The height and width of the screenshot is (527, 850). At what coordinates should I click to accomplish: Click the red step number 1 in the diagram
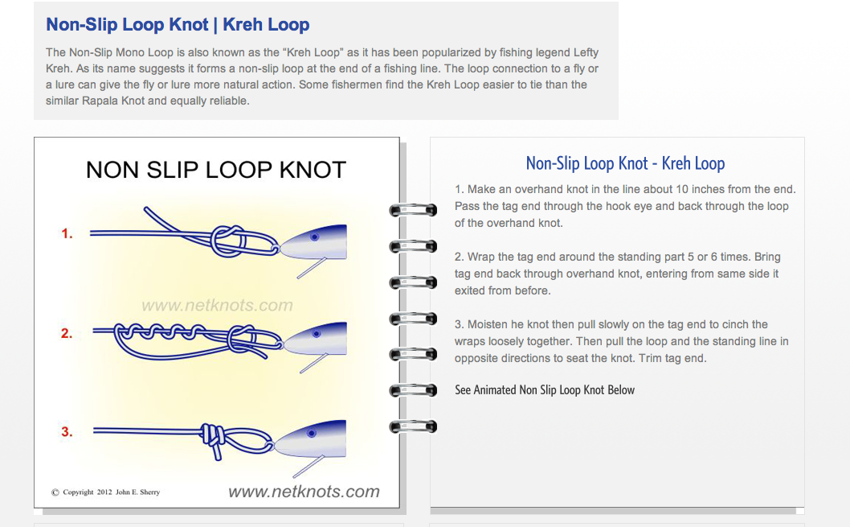(x=67, y=233)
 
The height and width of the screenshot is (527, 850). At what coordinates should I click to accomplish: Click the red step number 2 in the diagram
(x=67, y=333)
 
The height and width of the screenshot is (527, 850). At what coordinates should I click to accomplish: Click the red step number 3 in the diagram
(x=67, y=431)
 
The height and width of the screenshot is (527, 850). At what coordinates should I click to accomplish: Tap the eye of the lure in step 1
(x=314, y=237)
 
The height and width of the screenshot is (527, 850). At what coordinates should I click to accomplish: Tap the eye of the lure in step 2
(x=317, y=334)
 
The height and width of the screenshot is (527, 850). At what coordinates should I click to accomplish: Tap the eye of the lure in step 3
(x=311, y=433)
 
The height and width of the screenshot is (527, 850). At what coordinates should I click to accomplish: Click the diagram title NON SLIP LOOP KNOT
(x=216, y=170)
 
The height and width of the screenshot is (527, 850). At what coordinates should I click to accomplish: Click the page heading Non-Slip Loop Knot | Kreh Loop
(x=178, y=24)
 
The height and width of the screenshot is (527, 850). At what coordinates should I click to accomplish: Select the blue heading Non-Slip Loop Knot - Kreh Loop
(x=625, y=163)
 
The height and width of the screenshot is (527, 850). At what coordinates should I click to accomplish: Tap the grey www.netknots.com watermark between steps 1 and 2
(x=218, y=305)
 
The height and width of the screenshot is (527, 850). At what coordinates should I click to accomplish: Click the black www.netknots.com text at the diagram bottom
(x=304, y=492)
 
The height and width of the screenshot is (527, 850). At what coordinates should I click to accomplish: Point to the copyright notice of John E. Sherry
(x=106, y=492)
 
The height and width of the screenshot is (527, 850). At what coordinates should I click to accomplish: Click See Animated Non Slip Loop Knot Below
(x=545, y=389)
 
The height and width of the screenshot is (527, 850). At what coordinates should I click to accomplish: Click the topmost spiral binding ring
(x=413, y=210)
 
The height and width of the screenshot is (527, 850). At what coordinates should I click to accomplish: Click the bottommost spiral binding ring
(x=413, y=426)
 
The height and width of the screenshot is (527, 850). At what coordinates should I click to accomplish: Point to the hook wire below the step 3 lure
(x=309, y=466)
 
